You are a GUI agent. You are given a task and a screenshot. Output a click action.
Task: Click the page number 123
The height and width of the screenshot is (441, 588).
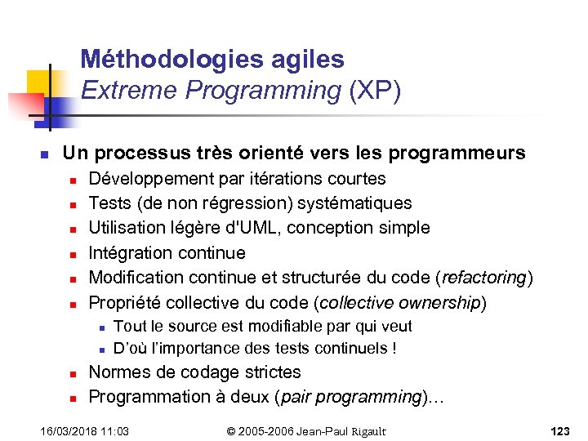click(559, 430)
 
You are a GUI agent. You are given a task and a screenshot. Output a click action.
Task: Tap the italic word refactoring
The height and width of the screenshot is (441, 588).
click(485, 278)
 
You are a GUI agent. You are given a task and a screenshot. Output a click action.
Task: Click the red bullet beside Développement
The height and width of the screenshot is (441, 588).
click(73, 180)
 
